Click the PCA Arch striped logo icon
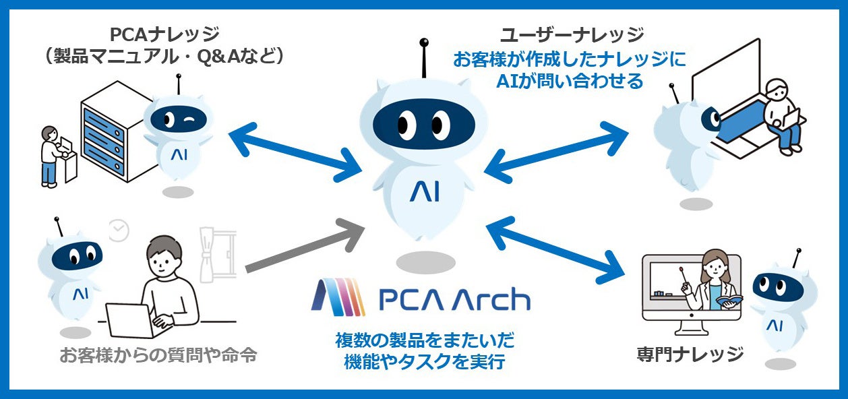pos(338,297)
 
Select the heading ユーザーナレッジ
pos(571,34)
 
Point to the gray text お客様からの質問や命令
pos(158,355)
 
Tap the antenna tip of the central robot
pos(423,42)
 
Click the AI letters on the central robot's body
pos(424,192)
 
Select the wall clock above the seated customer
pos(119,231)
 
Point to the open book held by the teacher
pos(729,299)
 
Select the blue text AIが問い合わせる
pos(570,82)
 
